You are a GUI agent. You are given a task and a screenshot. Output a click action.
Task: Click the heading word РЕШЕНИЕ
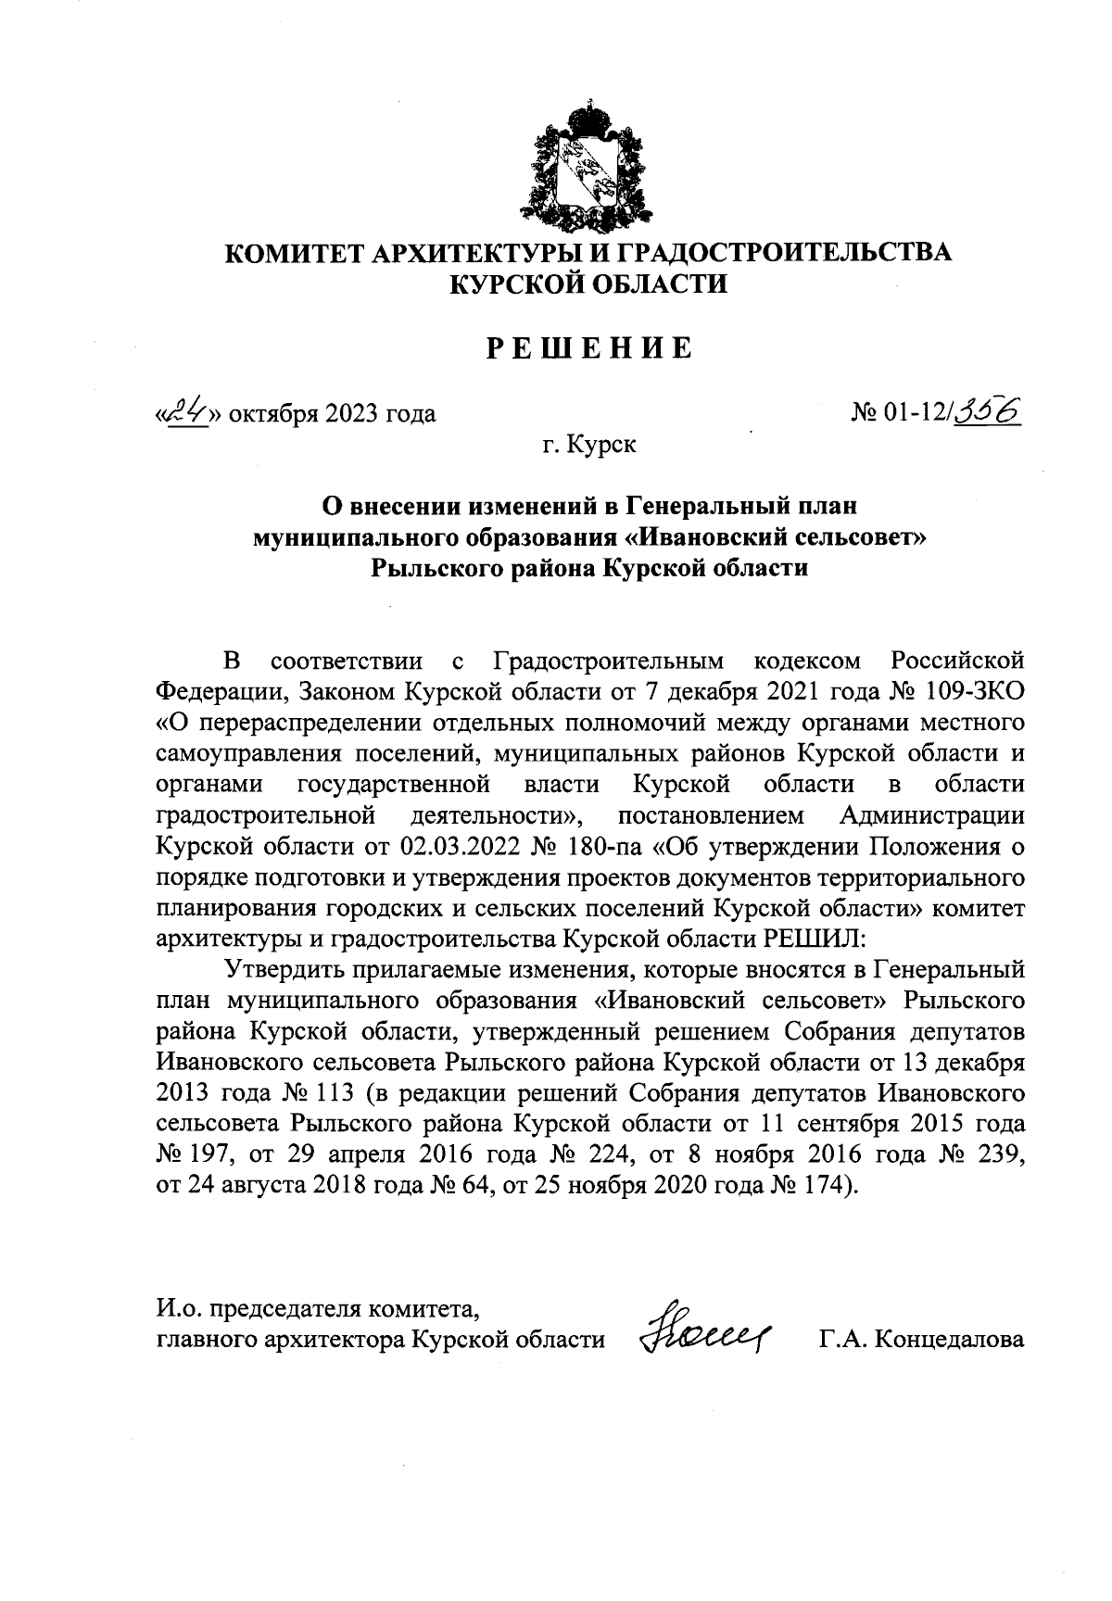click(x=589, y=348)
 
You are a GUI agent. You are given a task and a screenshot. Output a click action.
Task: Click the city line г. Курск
click(x=590, y=445)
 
